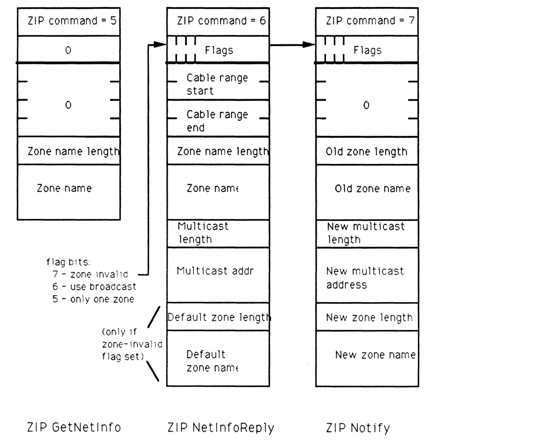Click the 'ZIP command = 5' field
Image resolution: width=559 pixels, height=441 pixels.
coord(68,22)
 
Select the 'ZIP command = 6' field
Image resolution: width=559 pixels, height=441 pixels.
coord(218,22)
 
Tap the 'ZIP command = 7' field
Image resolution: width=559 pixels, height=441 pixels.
coord(367,22)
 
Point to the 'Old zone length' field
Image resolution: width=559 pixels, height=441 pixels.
coord(367,152)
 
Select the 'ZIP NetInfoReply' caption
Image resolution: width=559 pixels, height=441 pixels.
coord(221,427)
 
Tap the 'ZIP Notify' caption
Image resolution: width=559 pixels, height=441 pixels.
coord(358,427)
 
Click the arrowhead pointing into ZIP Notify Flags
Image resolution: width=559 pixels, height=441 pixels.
coord(310,45)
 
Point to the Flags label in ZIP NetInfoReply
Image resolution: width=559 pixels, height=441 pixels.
coord(219,50)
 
